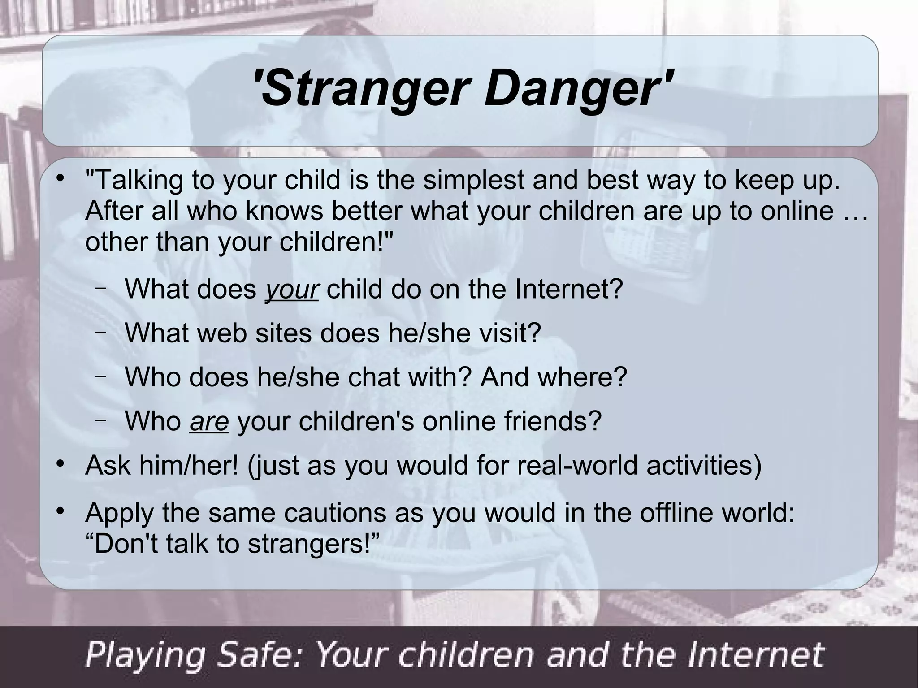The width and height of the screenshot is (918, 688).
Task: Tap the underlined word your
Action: pos(292,289)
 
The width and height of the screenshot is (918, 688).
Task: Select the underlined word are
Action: pos(209,421)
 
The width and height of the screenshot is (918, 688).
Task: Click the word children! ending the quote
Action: pos(336,242)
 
